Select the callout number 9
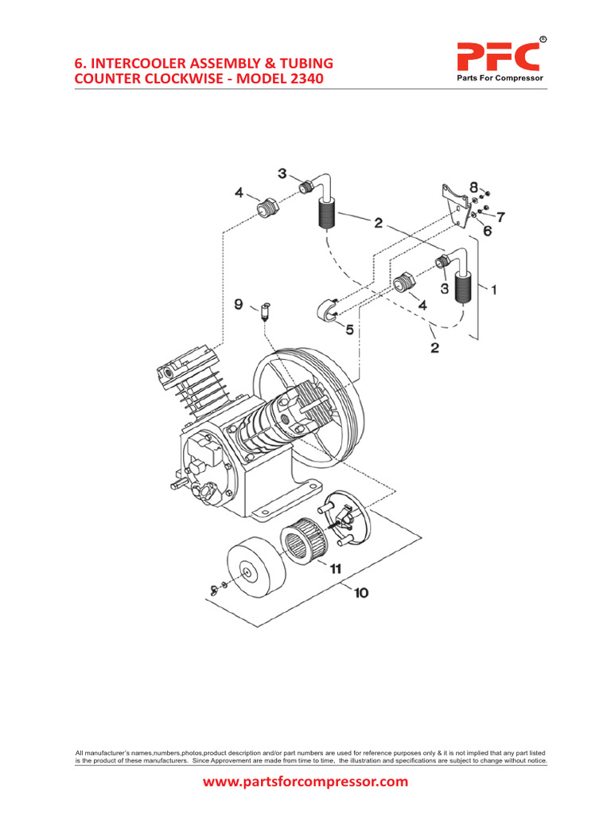(238, 303)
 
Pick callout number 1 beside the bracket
(493, 291)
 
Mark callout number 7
(500, 215)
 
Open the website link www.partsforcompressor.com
(305, 782)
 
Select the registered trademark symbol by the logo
(543, 39)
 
